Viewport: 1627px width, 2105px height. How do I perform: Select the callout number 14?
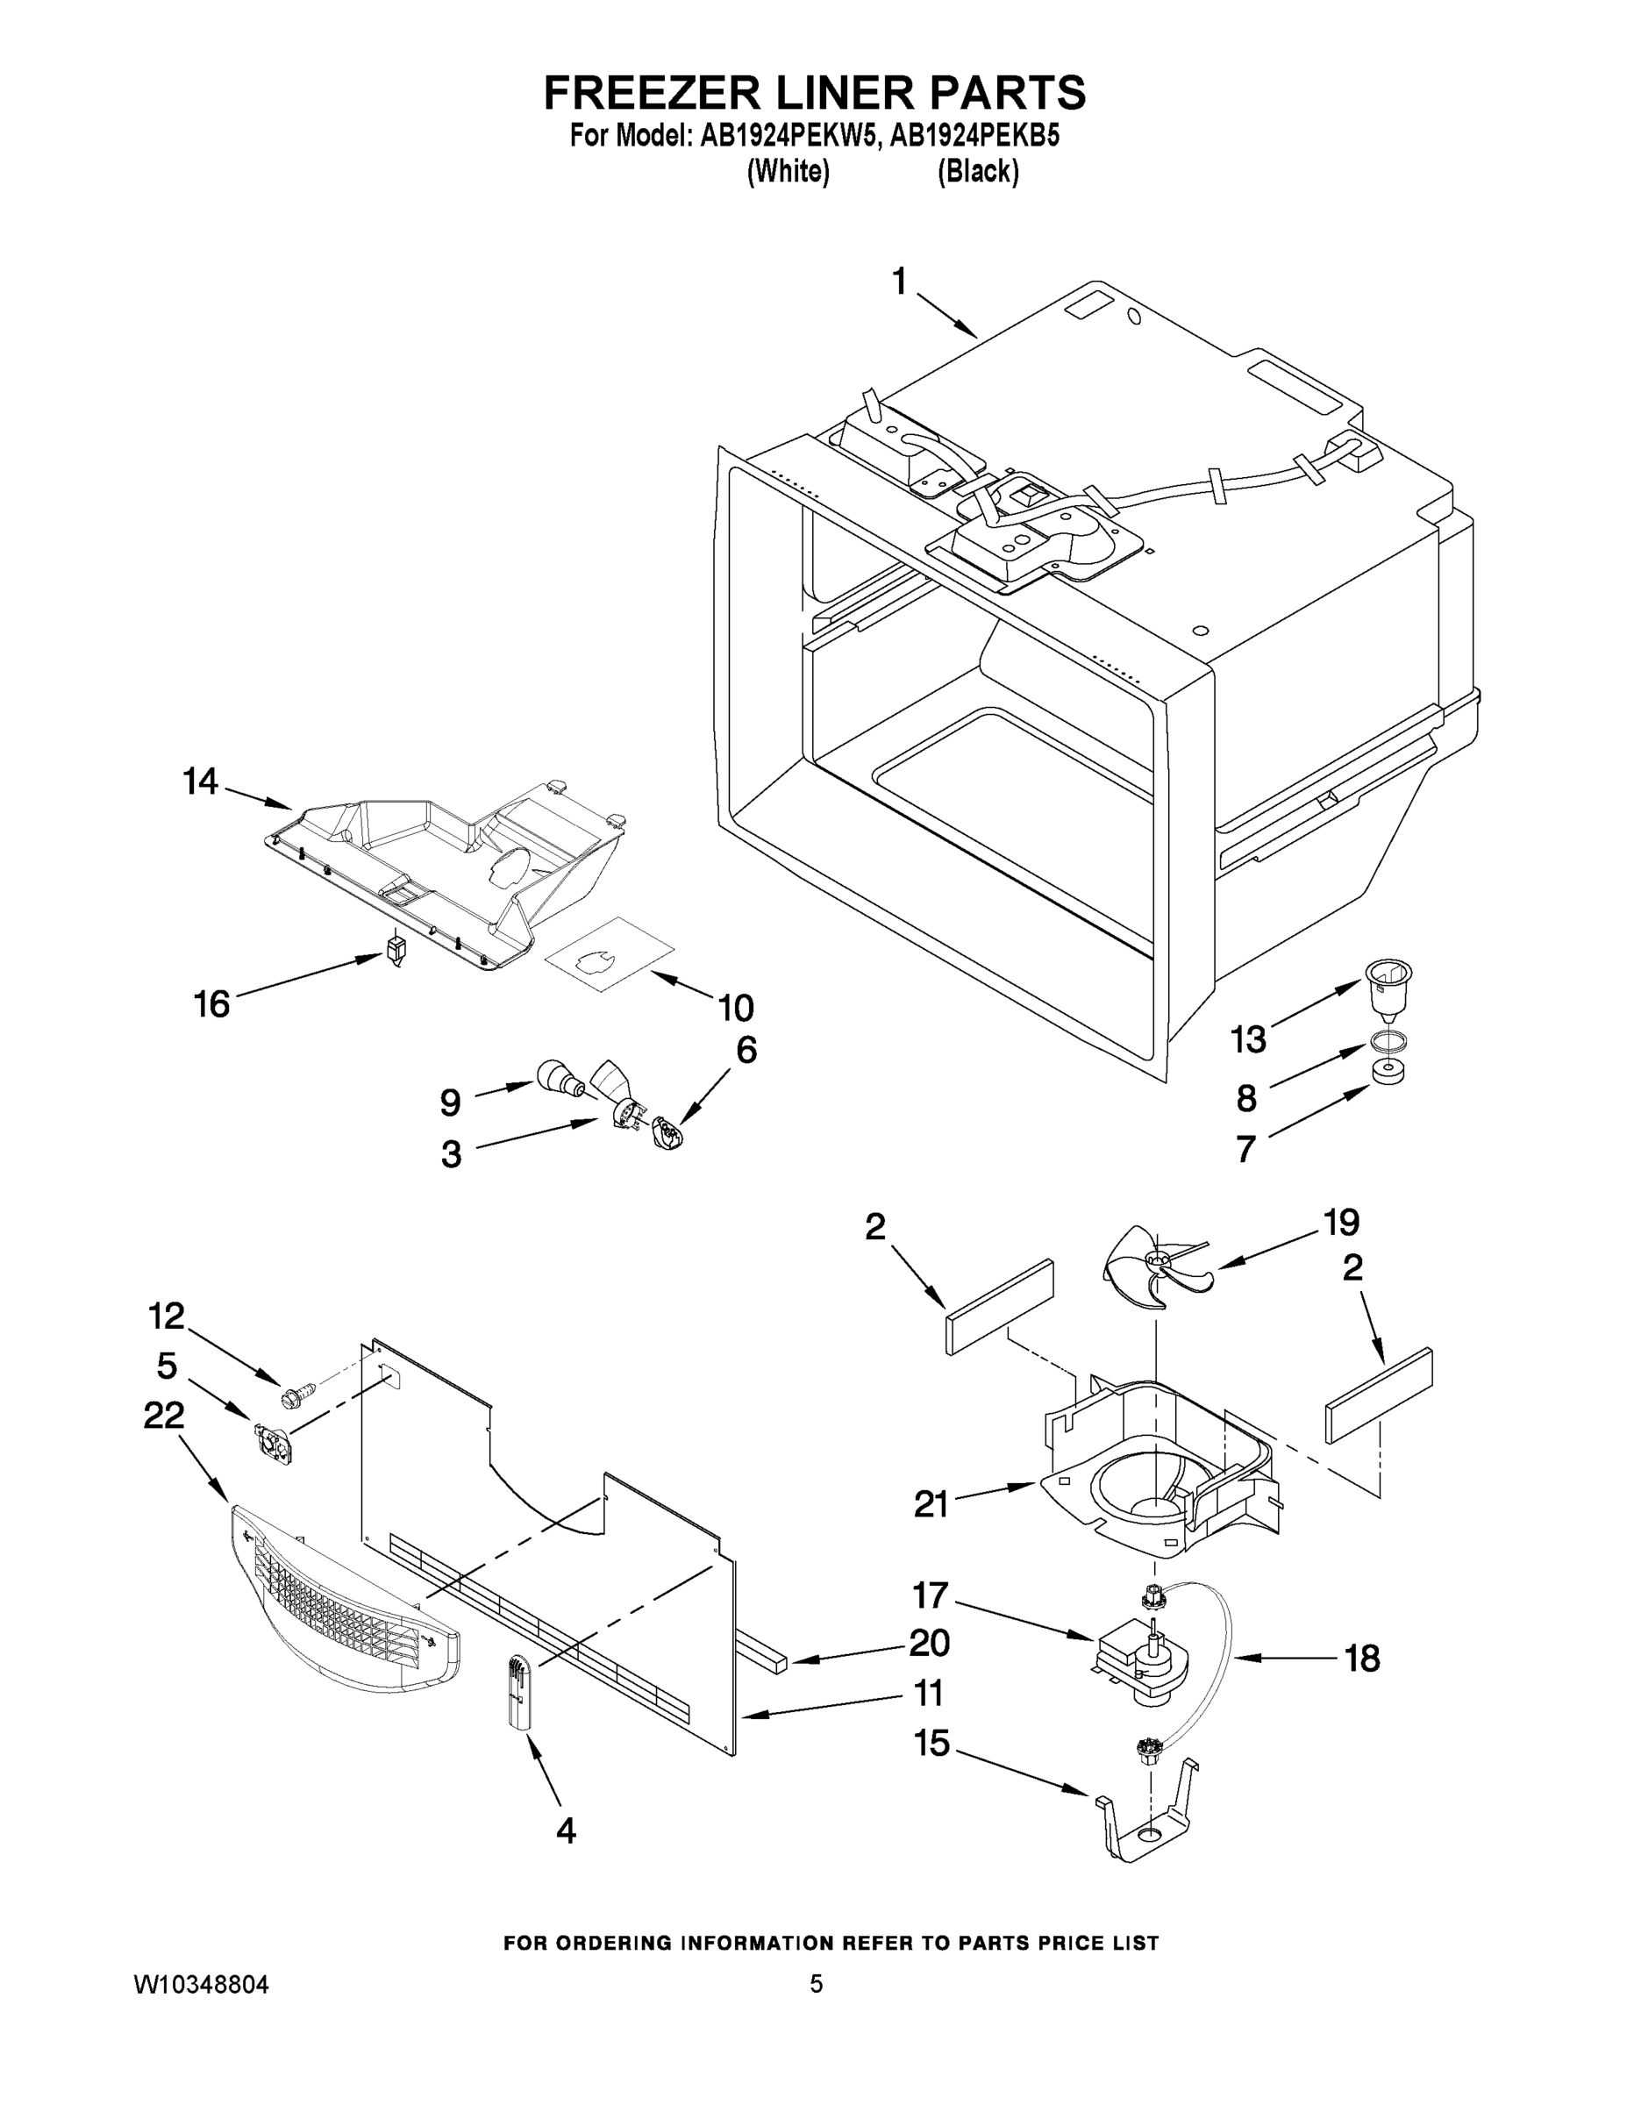[201, 781]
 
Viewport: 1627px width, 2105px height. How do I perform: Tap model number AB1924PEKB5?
[974, 137]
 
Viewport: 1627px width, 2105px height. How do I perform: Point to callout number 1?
[898, 282]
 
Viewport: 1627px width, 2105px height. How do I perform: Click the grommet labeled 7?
[1386, 1072]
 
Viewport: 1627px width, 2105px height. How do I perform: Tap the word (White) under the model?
[789, 172]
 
